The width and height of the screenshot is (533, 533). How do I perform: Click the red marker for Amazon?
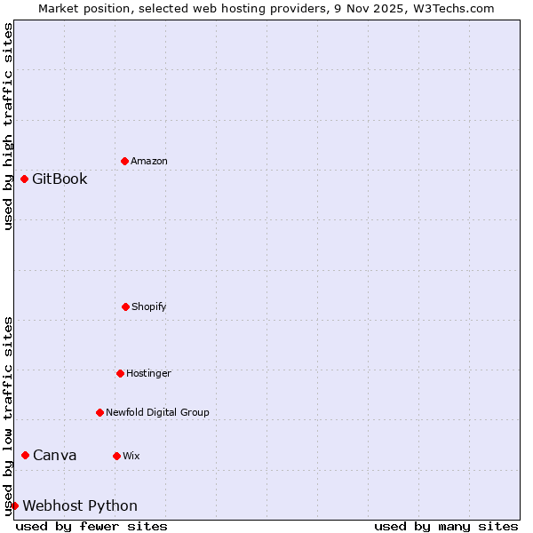click(124, 161)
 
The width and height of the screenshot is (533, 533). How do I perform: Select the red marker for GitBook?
click(24, 179)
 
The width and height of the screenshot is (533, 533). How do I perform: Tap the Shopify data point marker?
click(125, 306)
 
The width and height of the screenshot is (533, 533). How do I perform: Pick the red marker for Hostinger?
click(120, 373)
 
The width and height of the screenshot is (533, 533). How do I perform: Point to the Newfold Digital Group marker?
click(99, 412)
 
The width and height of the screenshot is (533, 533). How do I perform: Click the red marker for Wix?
click(116, 456)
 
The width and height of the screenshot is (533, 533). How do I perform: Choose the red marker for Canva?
click(25, 455)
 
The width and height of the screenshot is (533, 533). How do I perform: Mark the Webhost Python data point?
click(14, 505)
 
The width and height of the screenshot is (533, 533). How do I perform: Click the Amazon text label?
click(149, 161)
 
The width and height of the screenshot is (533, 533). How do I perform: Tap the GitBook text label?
click(60, 179)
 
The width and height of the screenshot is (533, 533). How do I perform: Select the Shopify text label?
click(149, 306)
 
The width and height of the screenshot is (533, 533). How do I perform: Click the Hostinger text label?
click(148, 373)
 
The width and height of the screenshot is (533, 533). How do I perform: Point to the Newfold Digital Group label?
click(157, 412)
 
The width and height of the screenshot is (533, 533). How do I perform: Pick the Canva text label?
click(55, 455)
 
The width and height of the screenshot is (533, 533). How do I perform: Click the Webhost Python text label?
click(80, 505)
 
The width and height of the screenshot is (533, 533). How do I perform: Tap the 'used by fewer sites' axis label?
click(91, 526)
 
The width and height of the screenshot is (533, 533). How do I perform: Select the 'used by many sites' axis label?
click(446, 526)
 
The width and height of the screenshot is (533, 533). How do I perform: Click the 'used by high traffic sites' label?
click(8, 126)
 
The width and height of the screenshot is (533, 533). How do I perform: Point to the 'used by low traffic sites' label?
click(8, 416)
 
